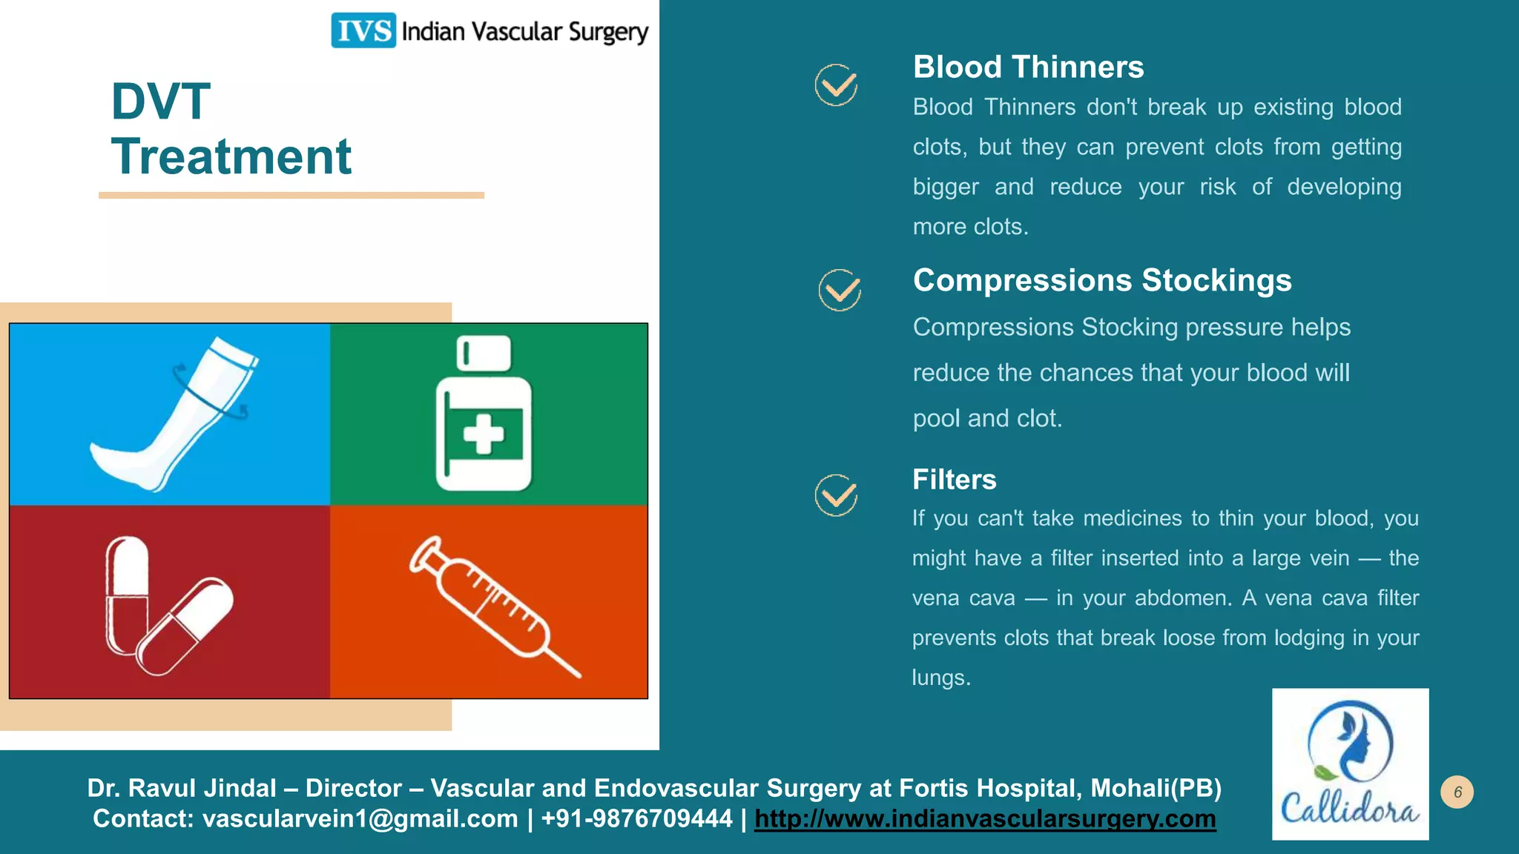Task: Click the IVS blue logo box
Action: tap(363, 30)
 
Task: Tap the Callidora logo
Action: tap(1350, 764)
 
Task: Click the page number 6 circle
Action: tap(1457, 792)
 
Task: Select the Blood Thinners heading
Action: tap(1028, 67)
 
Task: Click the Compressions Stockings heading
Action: tap(1101, 280)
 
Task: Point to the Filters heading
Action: tap(954, 480)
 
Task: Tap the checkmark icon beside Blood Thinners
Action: tap(836, 85)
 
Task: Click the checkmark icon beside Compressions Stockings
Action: tap(840, 290)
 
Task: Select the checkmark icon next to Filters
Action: tap(836, 495)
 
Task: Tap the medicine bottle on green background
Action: tap(484, 415)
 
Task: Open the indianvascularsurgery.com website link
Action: tap(985, 819)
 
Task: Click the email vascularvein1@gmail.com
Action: tap(360, 819)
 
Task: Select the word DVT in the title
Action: tap(161, 102)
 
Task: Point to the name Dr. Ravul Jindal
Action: tap(182, 788)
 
